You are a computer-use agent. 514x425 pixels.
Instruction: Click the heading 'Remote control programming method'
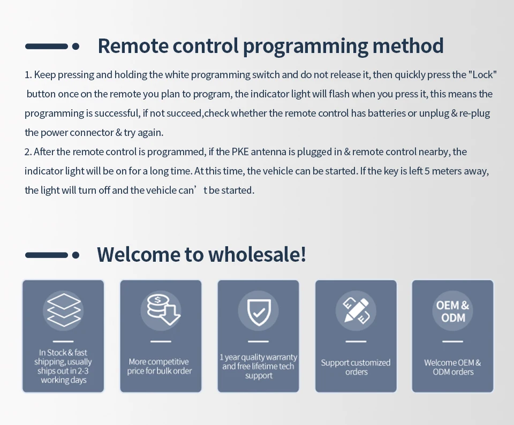coord(270,46)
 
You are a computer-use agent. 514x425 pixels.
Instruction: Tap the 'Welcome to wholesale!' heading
coord(201,254)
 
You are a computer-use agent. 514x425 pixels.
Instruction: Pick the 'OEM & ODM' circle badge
coord(452,311)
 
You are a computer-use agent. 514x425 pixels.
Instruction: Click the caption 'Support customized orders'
coord(356,367)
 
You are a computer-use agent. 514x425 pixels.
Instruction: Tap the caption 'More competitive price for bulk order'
coord(160,367)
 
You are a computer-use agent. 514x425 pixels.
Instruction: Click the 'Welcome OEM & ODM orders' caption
coord(453,367)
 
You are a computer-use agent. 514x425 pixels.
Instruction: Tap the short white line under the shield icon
coord(258,341)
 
